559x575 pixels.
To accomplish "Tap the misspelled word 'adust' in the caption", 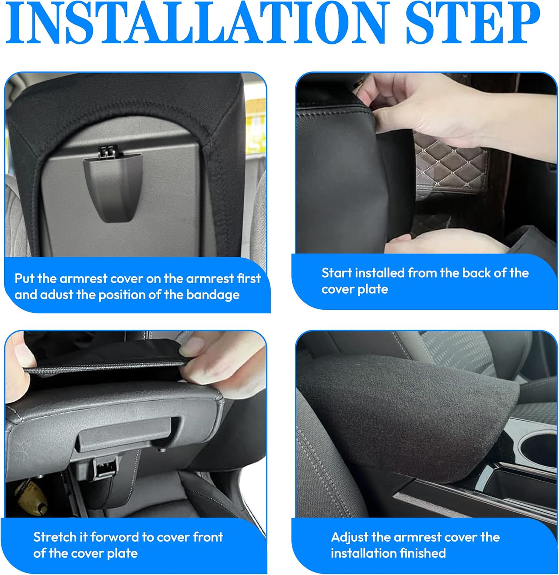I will [x=56, y=295].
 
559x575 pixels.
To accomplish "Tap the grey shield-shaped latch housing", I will [x=112, y=188].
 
